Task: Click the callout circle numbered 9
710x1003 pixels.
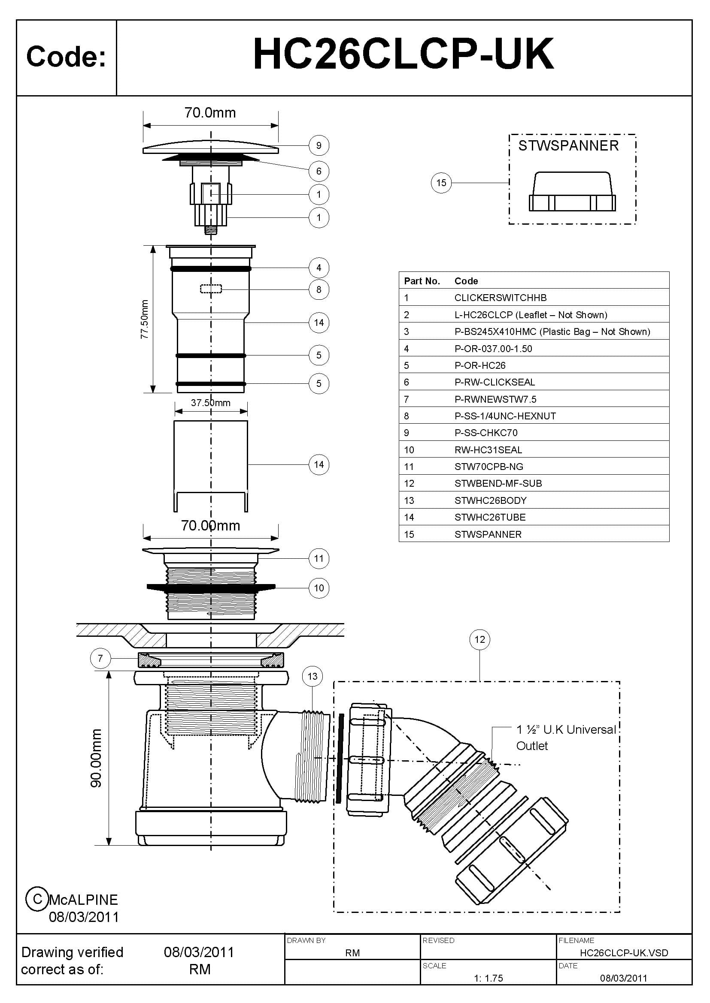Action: coord(319,145)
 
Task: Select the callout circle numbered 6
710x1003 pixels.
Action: coord(319,171)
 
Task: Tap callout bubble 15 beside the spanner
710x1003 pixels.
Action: coord(441,183)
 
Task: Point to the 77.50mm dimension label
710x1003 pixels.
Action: coord(145,319)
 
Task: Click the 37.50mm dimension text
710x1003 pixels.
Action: coord(210,403)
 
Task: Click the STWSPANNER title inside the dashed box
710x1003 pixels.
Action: coord(568,145)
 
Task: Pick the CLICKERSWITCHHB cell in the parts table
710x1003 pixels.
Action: coord(500,298)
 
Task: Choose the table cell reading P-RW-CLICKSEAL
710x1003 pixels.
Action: coord(495,382)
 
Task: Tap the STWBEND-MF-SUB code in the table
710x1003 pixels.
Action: coord(498,484)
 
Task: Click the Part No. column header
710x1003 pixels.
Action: coord(422,281)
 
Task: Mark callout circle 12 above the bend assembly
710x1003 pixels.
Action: coord(479,639)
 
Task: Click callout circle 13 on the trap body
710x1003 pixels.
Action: coord(312,676)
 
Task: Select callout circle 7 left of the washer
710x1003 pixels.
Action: coord(100,658)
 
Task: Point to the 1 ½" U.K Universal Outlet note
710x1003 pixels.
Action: coord(565,738)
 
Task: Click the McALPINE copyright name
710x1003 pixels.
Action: coord(84,900)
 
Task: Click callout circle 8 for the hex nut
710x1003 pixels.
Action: coord(319,289)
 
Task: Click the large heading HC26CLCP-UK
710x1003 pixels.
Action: coord(403,54)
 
